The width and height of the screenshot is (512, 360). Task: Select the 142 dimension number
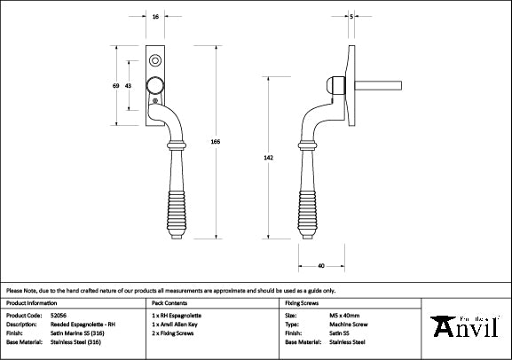(280, 158)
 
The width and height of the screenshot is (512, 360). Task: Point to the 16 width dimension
(156, 17)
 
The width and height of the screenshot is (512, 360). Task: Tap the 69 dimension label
(116, 85)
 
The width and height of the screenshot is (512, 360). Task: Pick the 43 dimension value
(130, 85)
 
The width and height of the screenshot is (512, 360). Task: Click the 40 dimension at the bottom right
(319, 265)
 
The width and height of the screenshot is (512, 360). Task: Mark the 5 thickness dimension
(352, 17)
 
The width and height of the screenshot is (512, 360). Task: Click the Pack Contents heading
(171, 302)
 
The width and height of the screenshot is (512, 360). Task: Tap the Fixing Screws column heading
(302, 302)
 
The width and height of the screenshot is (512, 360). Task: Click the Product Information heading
(34, 302)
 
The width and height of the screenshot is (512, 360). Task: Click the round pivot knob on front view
(156, 85)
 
